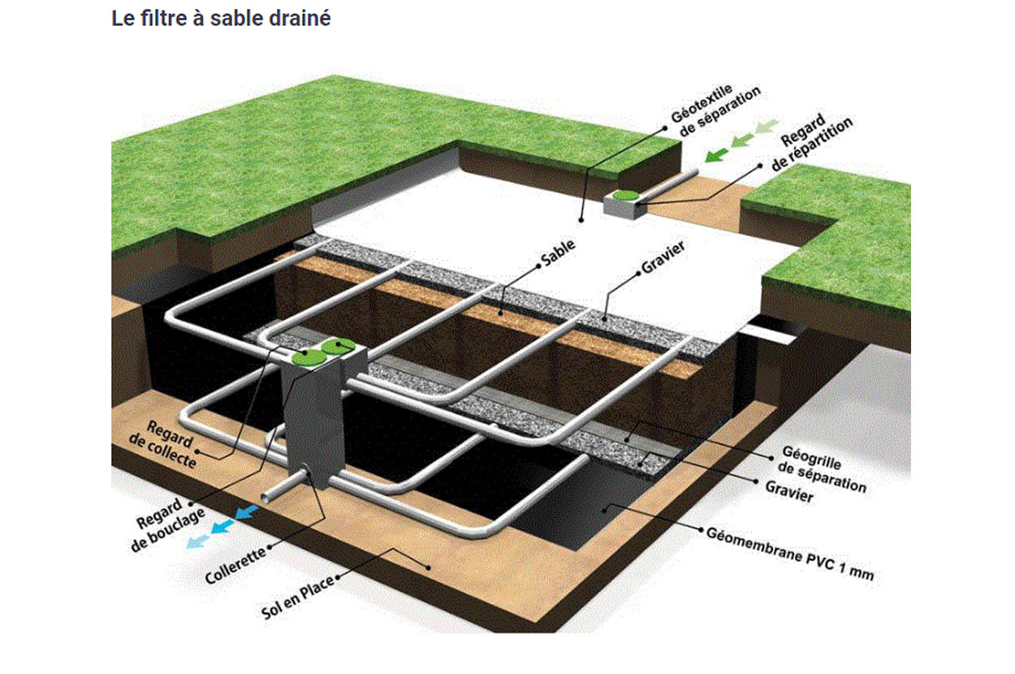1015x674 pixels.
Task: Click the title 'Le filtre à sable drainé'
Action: coord(221,19)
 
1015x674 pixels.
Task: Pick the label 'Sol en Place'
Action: coord(297,598)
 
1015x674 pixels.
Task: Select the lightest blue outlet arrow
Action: coord(197,539)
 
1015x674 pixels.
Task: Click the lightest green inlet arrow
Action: coord(765,125)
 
